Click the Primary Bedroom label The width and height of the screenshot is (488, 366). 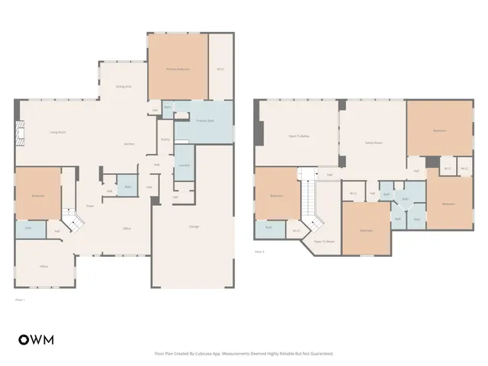click(x=178, y=69)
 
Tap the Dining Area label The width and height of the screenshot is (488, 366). click(x=124, y=86)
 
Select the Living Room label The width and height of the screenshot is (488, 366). click(x=58, y=133)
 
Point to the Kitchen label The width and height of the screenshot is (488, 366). click(x=130, y=144)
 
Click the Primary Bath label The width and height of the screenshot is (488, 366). click(x=204, y=121)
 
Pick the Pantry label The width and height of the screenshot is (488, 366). click(x=165, y=140)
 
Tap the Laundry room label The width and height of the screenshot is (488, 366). click(x=183, y=165)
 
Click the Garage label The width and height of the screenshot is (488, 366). click(x=194, y=227)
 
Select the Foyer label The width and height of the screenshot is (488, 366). click(x=89, y=206)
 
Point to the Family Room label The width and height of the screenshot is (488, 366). click(x=373, y=143)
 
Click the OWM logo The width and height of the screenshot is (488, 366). click(x=36, y=339)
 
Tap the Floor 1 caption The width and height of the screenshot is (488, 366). click(x=21, y=300)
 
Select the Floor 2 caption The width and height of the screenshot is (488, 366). click(x=260, y=251)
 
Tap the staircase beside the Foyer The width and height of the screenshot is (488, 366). click(x=72, y=222)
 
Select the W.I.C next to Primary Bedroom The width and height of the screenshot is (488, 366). click(x=220, y=69)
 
